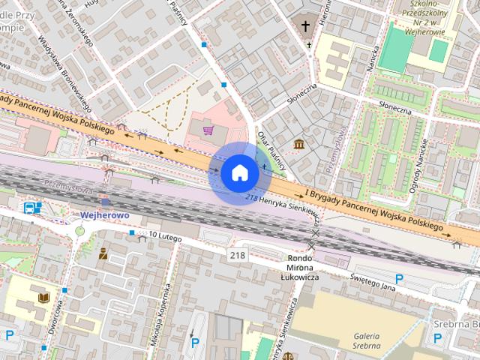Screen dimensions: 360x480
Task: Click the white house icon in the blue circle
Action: (x=240, y=173)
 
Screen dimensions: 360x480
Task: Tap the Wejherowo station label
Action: (x=105, y=215)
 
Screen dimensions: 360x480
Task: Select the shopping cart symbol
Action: (x=208, y=130)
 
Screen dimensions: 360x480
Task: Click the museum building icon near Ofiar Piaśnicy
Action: (x=299, y=143)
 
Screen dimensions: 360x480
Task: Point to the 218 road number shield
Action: (x=238, y=256)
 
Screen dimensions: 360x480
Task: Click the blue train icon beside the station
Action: (x=30, y=208)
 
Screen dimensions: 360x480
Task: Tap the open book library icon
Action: (x=44, y=298)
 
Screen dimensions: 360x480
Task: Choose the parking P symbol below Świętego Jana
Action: (x=399, y=279)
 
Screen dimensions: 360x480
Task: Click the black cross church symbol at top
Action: (x=305, y=26)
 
